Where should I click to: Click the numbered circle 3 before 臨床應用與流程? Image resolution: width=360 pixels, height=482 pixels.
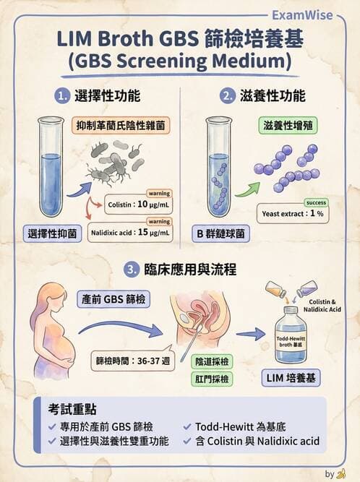[131, 269]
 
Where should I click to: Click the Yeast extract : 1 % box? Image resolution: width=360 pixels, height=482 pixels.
[292, 215]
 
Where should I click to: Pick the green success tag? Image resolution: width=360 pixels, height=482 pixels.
[316, 202]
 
